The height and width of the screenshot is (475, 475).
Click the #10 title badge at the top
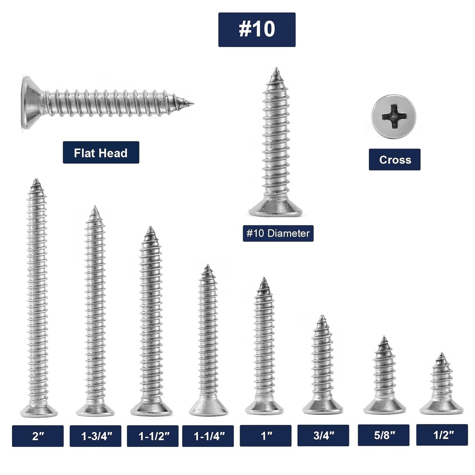(x=257, y=30)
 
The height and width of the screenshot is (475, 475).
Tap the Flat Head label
(x=101, y=153)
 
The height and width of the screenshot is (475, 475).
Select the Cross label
(x=394, y=159)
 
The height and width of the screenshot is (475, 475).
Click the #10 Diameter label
(x=278, y=233)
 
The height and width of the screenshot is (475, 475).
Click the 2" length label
(x=38, y=436)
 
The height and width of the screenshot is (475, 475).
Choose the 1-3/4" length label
(x=95, y=436)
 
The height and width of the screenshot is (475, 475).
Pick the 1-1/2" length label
(x=153, y=436)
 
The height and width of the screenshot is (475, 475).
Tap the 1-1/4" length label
(x=208, y=436)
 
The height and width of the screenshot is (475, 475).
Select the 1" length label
(x=266, y=436)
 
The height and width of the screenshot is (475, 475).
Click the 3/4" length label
(x=323, y=435)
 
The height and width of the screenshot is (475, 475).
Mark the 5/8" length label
(x=384, y=435)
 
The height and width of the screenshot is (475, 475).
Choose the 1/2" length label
(x=442, y=435)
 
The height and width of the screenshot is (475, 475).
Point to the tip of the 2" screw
(x=36, y=180)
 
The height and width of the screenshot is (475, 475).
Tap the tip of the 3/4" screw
(x=322, y=317)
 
